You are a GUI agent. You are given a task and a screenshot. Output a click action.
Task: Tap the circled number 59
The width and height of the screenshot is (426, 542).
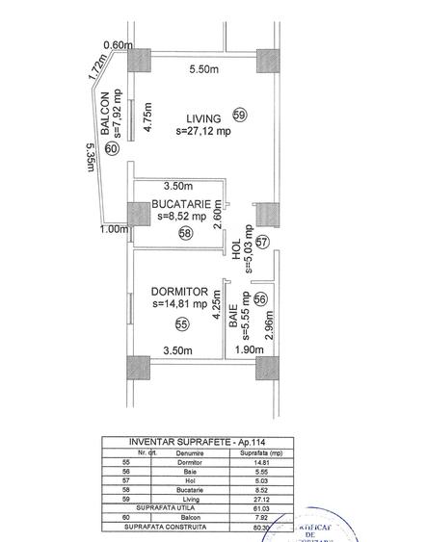click(x=240, y=116)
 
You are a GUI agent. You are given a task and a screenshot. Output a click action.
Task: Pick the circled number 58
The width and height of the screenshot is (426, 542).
click(x=185, y=232)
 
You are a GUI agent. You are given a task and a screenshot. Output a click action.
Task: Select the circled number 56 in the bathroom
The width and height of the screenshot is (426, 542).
click(x=260, y=299)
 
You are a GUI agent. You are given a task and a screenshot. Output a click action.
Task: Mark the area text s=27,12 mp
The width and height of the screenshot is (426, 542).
click(x=203, y=132)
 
